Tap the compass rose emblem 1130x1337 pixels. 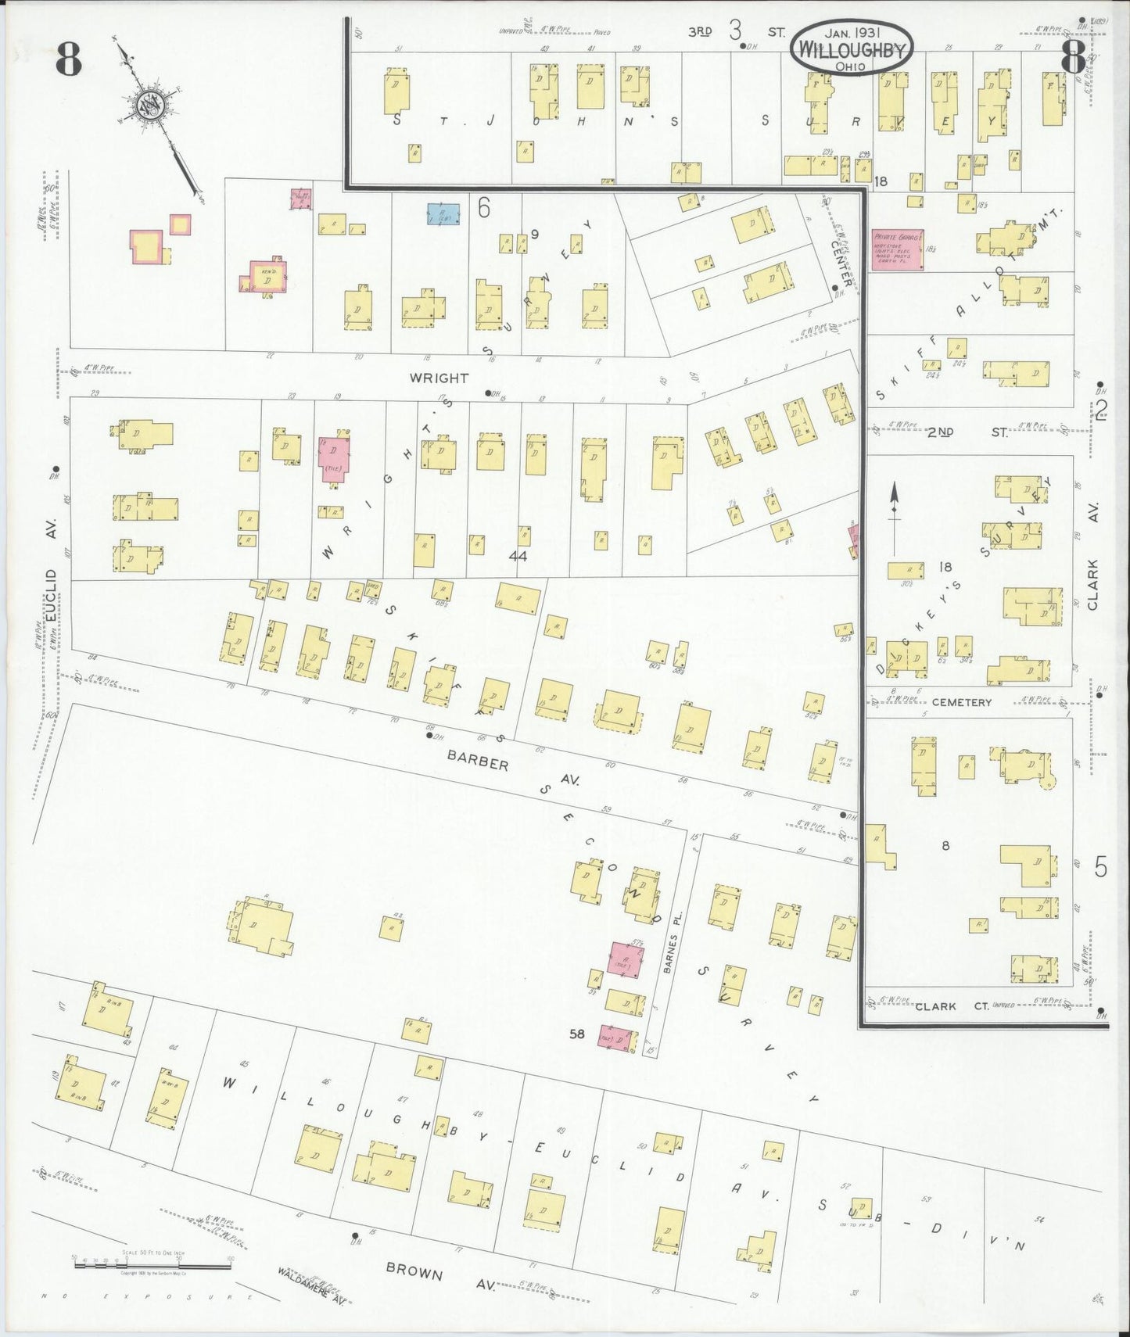149,106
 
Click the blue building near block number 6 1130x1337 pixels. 443,213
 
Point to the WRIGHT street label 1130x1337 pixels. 439,378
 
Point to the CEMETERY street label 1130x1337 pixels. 962,702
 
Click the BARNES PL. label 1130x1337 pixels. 669,948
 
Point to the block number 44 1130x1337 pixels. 517,556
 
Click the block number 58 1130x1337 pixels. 577,1034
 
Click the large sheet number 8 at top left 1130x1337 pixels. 69,60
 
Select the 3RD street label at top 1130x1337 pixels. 700,32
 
